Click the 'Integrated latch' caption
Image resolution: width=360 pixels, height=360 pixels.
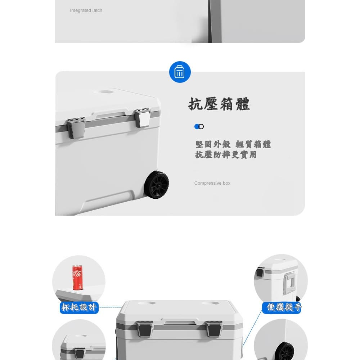click(86, 10)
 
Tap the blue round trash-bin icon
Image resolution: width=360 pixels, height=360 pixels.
click(180, 72)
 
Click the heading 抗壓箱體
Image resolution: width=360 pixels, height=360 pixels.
click(219, 104)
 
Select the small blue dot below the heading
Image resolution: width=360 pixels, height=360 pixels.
click(197, 126)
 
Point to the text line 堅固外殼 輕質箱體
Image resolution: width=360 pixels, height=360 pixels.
click(233, 144)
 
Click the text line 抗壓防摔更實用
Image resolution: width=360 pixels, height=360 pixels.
click(226, 155)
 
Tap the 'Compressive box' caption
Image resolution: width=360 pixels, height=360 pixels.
click(212, 183)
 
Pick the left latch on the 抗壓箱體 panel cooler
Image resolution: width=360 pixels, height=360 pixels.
click(76, 128)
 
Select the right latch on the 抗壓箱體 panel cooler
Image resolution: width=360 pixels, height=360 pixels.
click(143, 118)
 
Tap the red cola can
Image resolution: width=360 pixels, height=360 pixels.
click(78, 277)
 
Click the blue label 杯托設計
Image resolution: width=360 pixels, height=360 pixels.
click(79, 307)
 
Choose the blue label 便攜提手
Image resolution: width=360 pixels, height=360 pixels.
click(282, 307)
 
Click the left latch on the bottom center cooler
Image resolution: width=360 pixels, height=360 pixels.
click(145, 329)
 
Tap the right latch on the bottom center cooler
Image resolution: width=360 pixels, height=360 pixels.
click(214, 329)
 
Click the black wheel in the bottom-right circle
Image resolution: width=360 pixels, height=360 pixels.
click(285, 352)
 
